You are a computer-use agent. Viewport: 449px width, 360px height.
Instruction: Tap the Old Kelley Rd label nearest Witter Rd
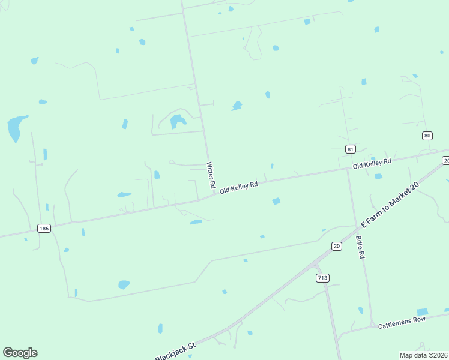click(x=238, y=187)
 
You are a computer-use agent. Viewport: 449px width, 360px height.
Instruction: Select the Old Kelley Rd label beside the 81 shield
click(x=372, y=163)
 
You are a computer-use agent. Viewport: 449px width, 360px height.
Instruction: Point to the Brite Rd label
click(x=360, y=246)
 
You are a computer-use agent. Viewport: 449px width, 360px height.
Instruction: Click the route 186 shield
click(x=43, y=228)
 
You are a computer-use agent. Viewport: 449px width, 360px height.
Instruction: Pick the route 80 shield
click(x=427, y=136)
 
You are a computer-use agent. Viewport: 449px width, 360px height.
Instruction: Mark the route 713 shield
click(x=322, y=278)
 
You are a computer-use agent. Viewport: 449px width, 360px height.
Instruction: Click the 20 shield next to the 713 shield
click(x=337, y=245)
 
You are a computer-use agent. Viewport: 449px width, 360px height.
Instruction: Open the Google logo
click(x=20, y=353)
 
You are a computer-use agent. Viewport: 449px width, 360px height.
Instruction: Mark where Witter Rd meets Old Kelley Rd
click(x=214, y=193)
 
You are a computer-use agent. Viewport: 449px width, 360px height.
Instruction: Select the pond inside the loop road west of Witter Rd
click(x=178, y=121)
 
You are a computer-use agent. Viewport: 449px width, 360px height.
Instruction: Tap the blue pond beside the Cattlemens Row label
click(x=423, y=312)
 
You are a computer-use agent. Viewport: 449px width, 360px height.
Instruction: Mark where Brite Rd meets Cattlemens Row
click(x=372, y=325)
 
